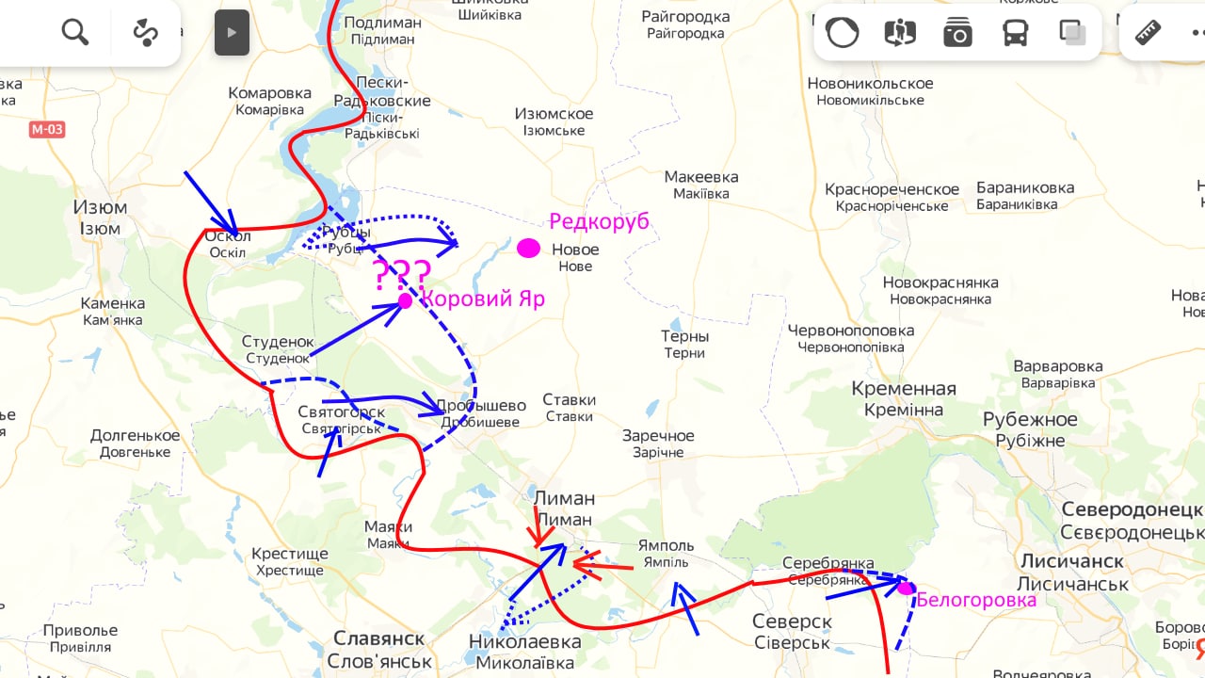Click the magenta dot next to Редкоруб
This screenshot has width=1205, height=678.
click(529, 249)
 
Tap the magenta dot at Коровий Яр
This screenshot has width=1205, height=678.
click(405, 301)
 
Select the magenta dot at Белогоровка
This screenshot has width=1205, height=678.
click(906, 588)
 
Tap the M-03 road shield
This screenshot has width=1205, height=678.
click(46, 129)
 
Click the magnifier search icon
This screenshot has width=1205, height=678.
click(75, 33)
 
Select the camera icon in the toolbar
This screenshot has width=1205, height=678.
click(957, 33)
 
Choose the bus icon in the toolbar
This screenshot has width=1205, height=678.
click(1015, 33)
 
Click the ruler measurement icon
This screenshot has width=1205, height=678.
click(1149, 33)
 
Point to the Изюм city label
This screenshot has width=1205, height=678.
click(100, 217)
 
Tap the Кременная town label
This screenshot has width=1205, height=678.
click(903, 398)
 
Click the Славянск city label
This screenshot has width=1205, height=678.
click(378, 649)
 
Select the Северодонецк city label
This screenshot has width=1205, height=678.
click(1133, 519)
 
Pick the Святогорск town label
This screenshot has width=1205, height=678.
click(341, 419)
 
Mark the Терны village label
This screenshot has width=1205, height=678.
click(684, 344)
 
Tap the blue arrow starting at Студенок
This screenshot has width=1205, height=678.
click(358, 329)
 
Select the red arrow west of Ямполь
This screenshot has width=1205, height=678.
click(602, 567)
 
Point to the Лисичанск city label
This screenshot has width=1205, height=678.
click(1073, 571)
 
